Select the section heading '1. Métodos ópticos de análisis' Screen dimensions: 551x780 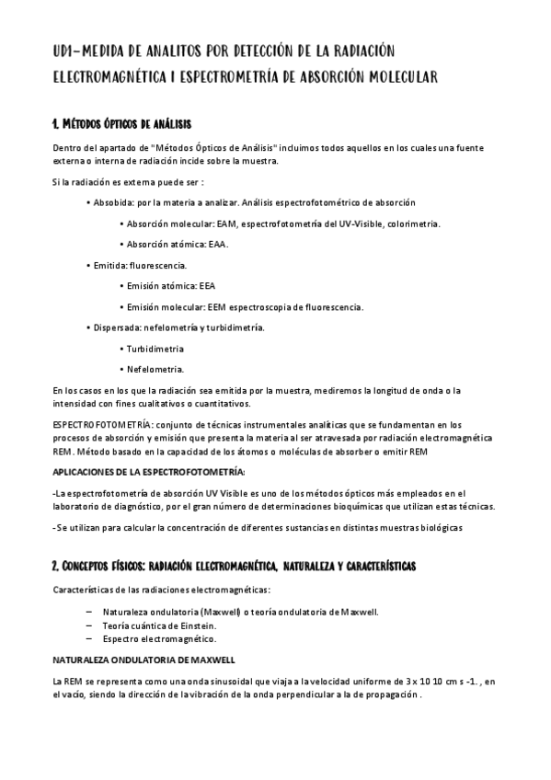[x=121, y=123]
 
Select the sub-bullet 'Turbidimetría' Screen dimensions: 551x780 [x=155, y=349]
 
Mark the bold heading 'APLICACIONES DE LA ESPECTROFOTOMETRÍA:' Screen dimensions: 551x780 [x=148, y=472]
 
